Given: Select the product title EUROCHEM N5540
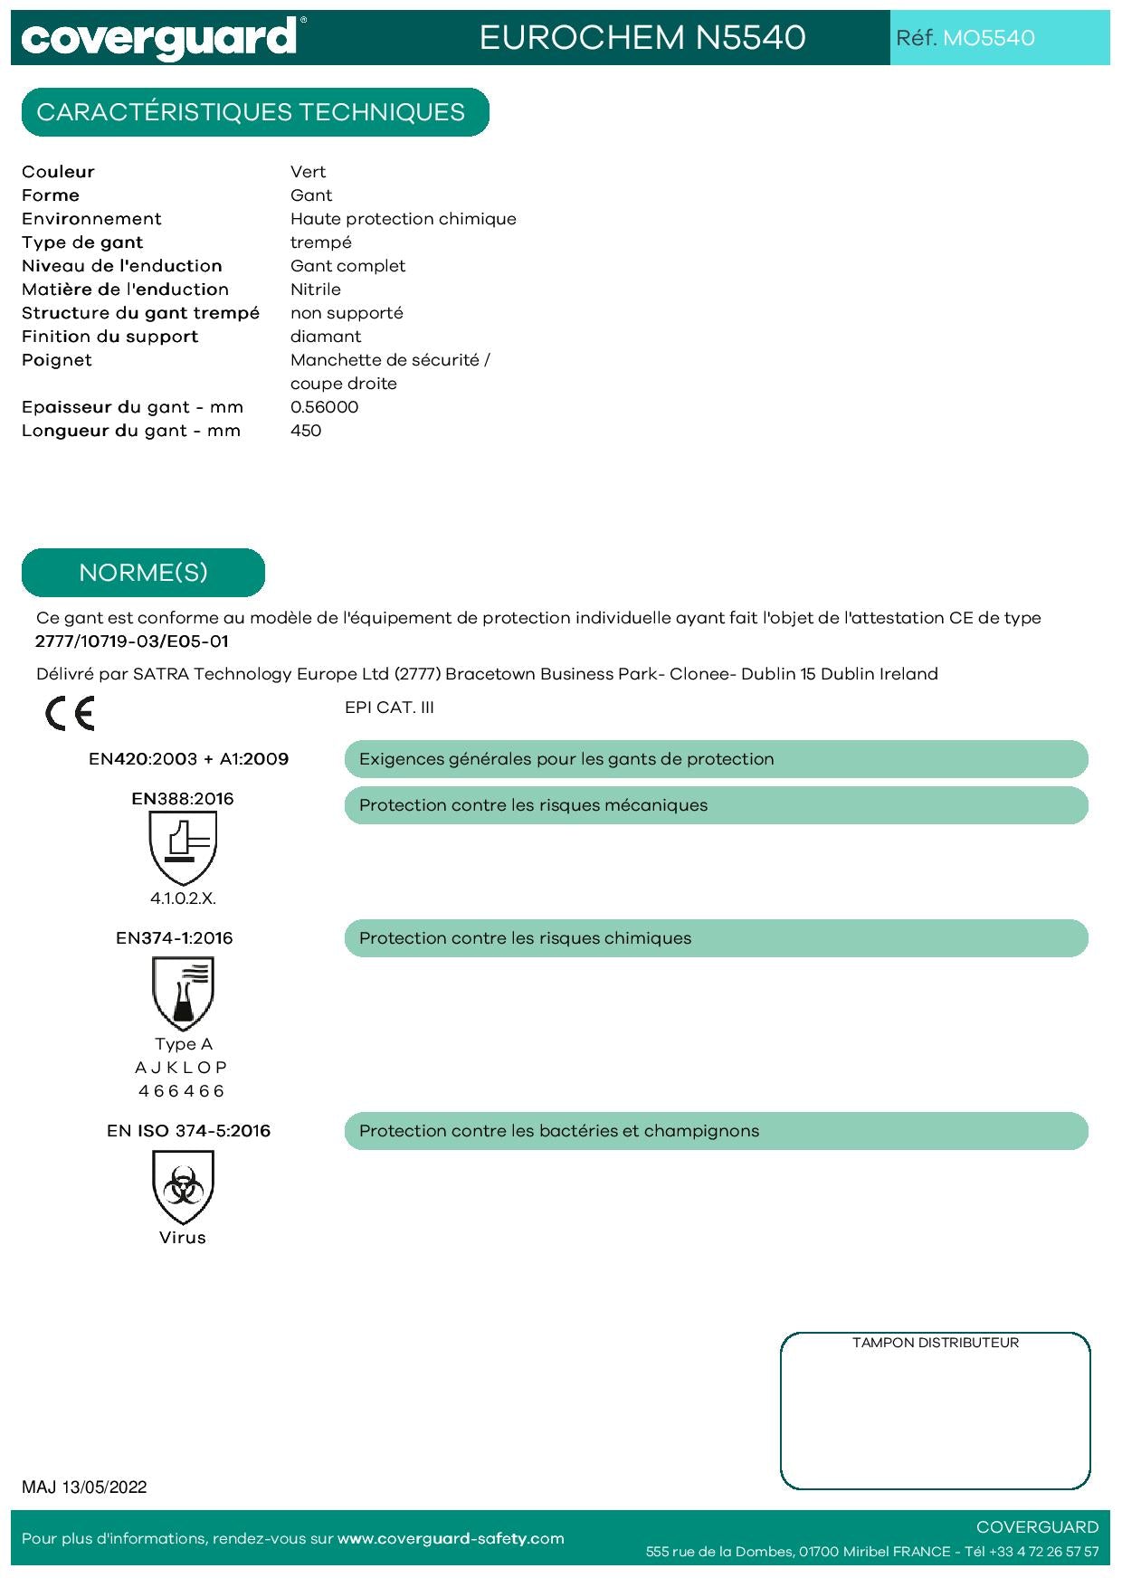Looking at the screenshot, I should (642, 38).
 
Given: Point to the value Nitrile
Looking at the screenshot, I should (316, 290).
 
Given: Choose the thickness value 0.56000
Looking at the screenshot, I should (324, 407).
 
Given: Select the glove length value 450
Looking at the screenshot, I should (306, 431).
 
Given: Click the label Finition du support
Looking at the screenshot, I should (109, 337).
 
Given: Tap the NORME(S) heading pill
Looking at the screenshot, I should (143, 573).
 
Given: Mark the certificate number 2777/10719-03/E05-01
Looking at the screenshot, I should (132, 641).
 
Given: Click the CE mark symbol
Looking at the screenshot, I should (70, 714).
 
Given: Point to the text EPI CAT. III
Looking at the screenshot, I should (389, 708).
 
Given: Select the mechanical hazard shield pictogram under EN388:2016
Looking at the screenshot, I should (183, 847).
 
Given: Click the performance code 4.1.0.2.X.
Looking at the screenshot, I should (183, 898).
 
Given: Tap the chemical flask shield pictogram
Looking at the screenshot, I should (183, 993).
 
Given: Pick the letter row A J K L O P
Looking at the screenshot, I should (181, 1068).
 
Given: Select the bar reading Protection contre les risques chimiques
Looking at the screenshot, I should (715, 938).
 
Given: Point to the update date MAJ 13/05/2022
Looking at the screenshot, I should (84, 1487).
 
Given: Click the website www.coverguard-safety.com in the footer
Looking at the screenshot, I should (451, 1539).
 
